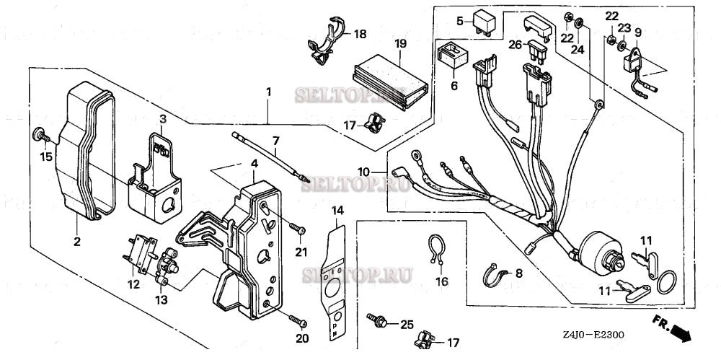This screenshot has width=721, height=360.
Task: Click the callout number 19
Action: (x=401, y=43)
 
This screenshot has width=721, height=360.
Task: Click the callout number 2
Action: (x=77, y=241)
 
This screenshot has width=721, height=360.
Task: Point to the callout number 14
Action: (x=337, y=210)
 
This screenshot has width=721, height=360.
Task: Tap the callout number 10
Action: (x=364, y=172)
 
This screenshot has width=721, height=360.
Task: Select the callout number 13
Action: (x=160, y=299)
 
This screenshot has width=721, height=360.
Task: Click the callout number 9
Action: (x=637, y=31)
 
